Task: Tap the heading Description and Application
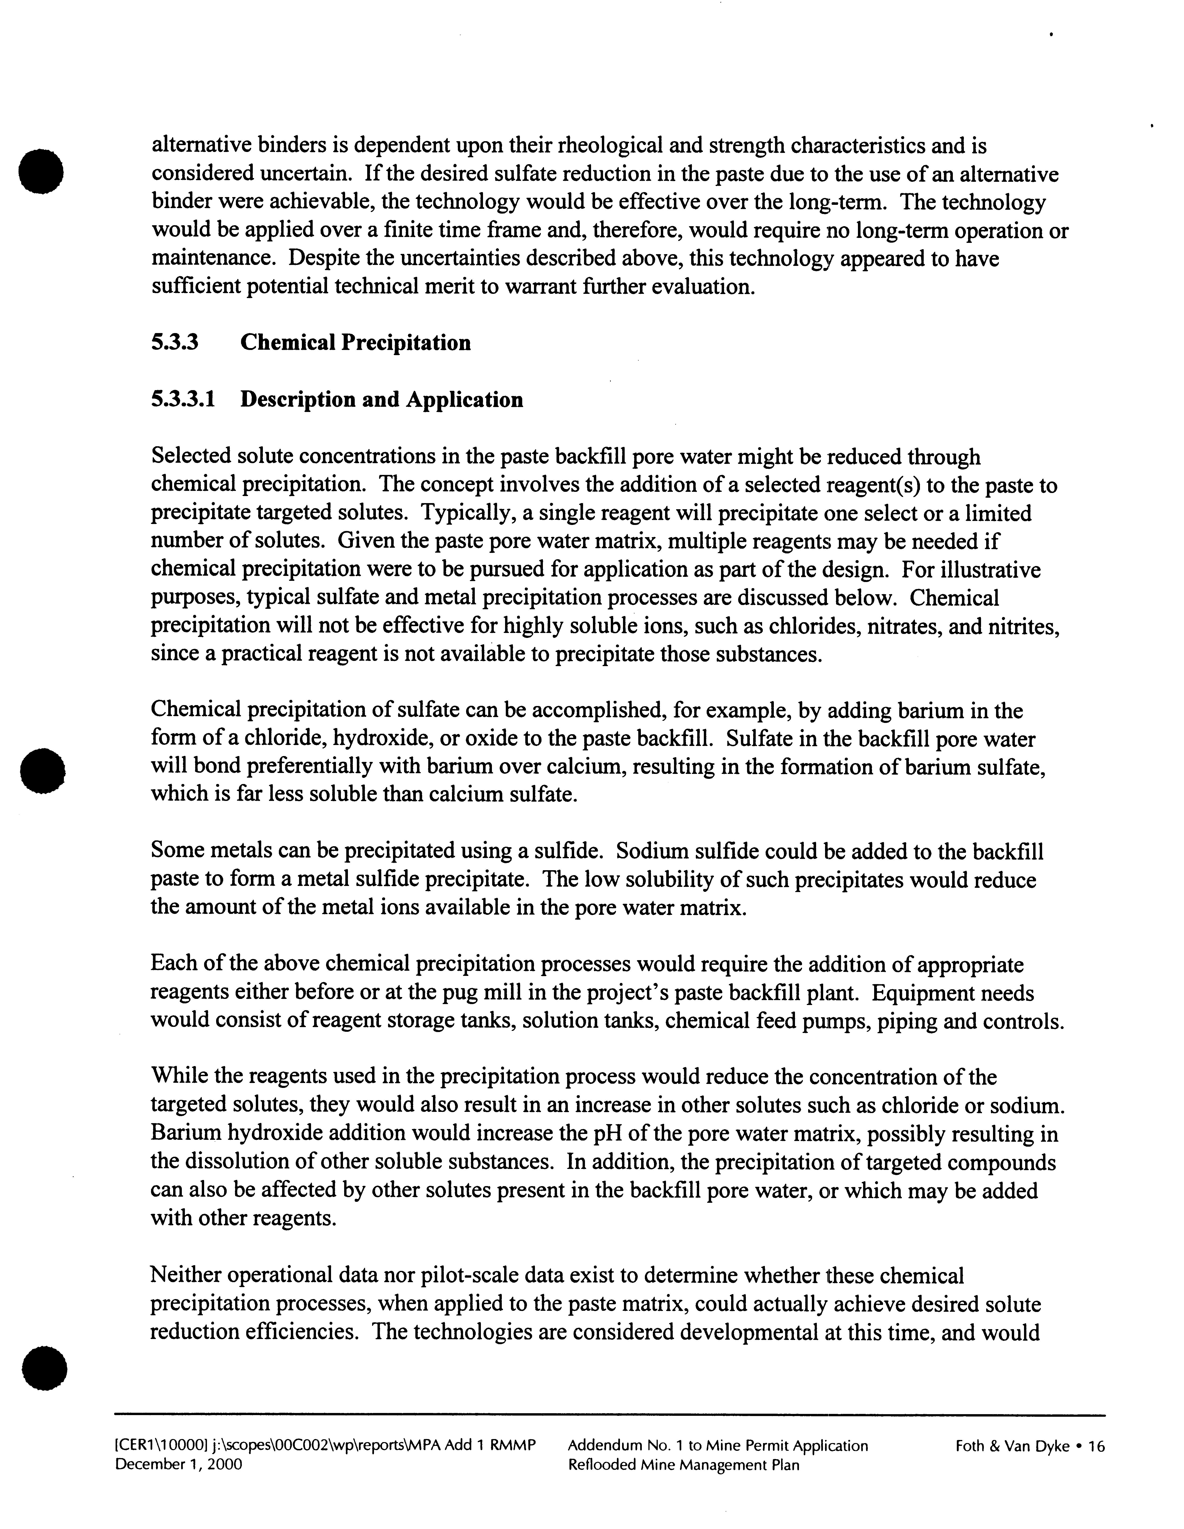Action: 382,400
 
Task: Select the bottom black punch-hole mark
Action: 43,1369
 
